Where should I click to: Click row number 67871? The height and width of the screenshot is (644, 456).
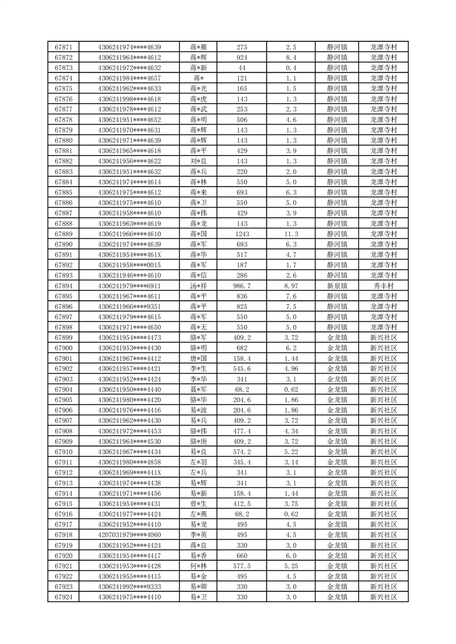63,47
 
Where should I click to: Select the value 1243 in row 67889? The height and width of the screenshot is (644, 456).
242,234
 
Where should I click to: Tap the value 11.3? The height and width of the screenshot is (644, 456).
291,234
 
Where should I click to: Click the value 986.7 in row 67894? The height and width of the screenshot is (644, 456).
242,285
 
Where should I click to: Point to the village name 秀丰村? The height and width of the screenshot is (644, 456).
384,285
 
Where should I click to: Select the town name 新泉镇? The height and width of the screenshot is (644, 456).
337,285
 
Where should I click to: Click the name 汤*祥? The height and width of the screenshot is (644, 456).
199,285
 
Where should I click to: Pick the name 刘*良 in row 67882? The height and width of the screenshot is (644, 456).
199,161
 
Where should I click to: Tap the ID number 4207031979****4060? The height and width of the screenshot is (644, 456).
129,534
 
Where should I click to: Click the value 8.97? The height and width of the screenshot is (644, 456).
291,285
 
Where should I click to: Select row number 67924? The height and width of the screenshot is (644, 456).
63,596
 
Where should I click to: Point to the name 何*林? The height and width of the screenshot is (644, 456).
199,565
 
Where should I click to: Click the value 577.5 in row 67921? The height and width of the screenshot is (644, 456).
242,565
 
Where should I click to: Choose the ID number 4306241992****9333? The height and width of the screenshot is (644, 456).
129,586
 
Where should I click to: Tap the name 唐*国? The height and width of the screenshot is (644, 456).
199,358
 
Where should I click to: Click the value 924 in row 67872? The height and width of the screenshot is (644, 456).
242,57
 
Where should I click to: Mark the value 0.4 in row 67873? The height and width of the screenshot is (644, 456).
291,68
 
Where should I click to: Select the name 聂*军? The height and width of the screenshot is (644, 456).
199,389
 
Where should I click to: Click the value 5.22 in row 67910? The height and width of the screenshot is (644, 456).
291,451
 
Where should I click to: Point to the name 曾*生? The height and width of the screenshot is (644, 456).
199,503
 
